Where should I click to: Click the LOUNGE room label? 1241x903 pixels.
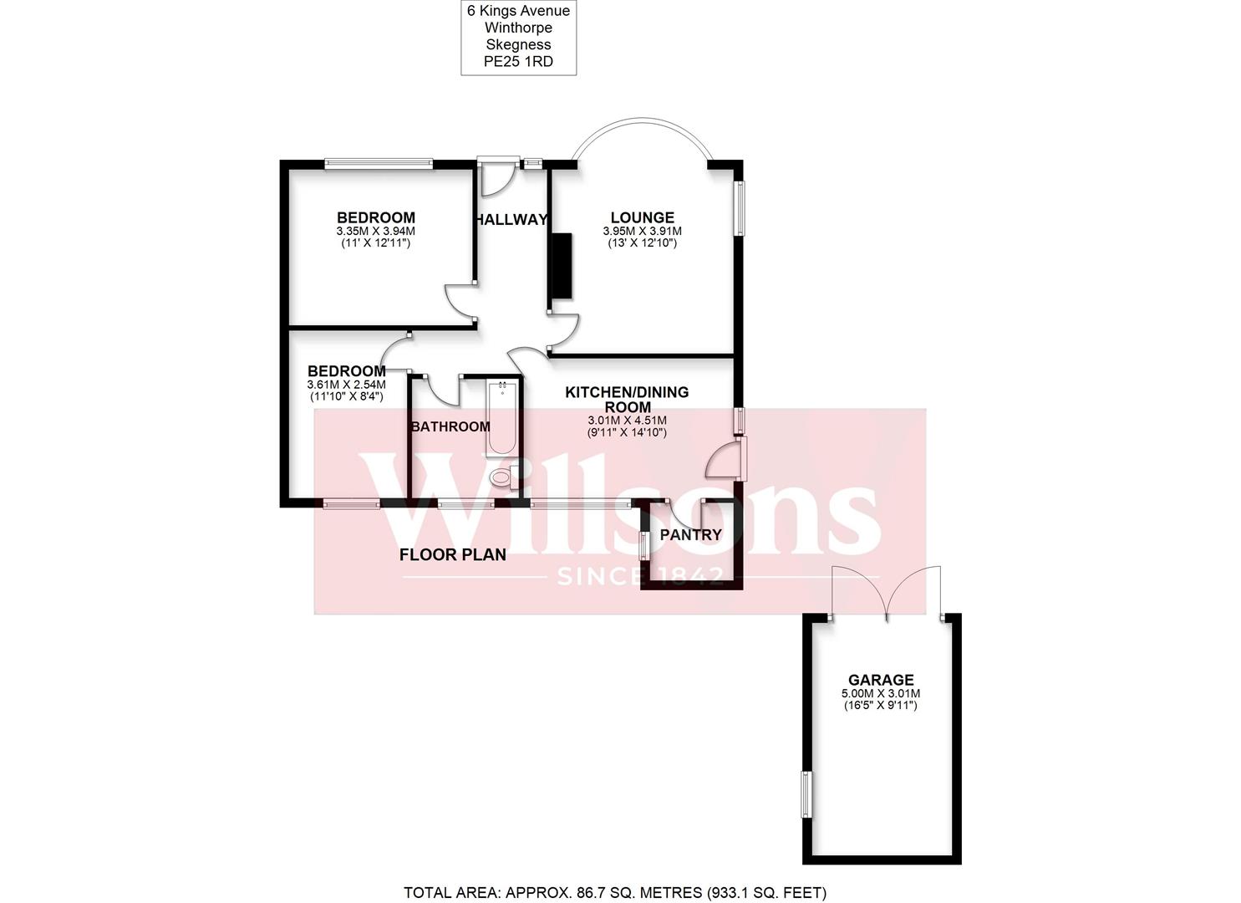point(642,217)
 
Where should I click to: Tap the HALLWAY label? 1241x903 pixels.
point(511,219)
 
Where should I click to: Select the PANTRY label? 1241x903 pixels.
point(690,534)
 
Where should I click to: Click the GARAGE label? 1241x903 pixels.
point(881,680)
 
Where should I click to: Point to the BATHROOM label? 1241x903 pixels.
point(450,426)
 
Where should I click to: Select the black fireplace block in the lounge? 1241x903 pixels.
point(561,266)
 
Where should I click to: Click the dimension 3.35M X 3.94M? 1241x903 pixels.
point(375,231)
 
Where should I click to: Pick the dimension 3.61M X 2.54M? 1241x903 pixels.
point(346,385)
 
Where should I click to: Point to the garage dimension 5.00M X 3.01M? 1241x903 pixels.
point(881,693)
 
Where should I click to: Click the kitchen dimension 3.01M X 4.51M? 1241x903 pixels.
point(627,420)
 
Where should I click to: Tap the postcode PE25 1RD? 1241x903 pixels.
point(518,61)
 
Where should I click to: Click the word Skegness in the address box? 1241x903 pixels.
point(518,44)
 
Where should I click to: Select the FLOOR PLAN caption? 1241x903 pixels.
point(452,554)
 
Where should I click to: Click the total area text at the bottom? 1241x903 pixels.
point(614,892)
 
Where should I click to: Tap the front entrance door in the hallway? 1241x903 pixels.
point(496,177)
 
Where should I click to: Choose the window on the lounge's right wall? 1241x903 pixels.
point(739,207)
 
